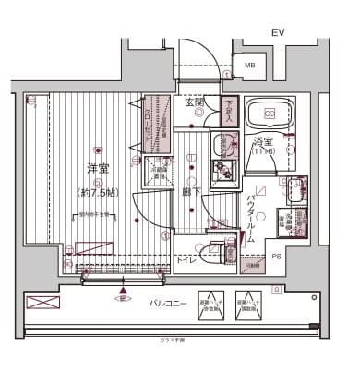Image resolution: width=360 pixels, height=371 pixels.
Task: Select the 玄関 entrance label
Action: click(x=194, y=103)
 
